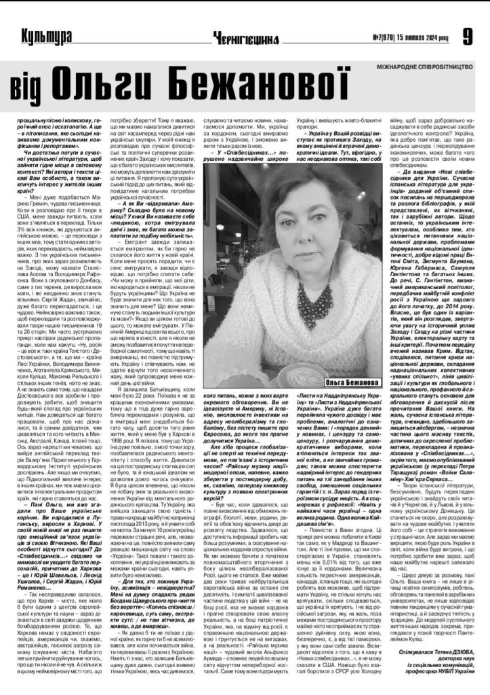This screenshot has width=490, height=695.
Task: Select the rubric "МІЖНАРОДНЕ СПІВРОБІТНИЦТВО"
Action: coord(425,69)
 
